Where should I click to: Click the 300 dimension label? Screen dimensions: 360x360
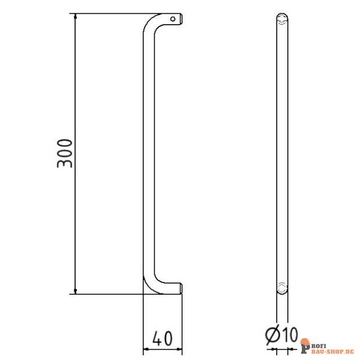(x=65, y=153)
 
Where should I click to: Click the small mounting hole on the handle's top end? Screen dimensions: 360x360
(x=173, y=19)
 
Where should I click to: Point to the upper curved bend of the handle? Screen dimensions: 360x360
(x=151, y=24)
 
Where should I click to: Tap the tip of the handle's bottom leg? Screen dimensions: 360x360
(x=179, y=289)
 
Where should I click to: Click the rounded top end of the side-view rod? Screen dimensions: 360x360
(x=282, y=16)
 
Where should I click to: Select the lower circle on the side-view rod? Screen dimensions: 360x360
(x=282, y=286)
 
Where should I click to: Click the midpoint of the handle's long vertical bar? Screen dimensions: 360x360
(x=145, y=153)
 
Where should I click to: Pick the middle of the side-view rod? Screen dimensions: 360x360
(x=282, y=153)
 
